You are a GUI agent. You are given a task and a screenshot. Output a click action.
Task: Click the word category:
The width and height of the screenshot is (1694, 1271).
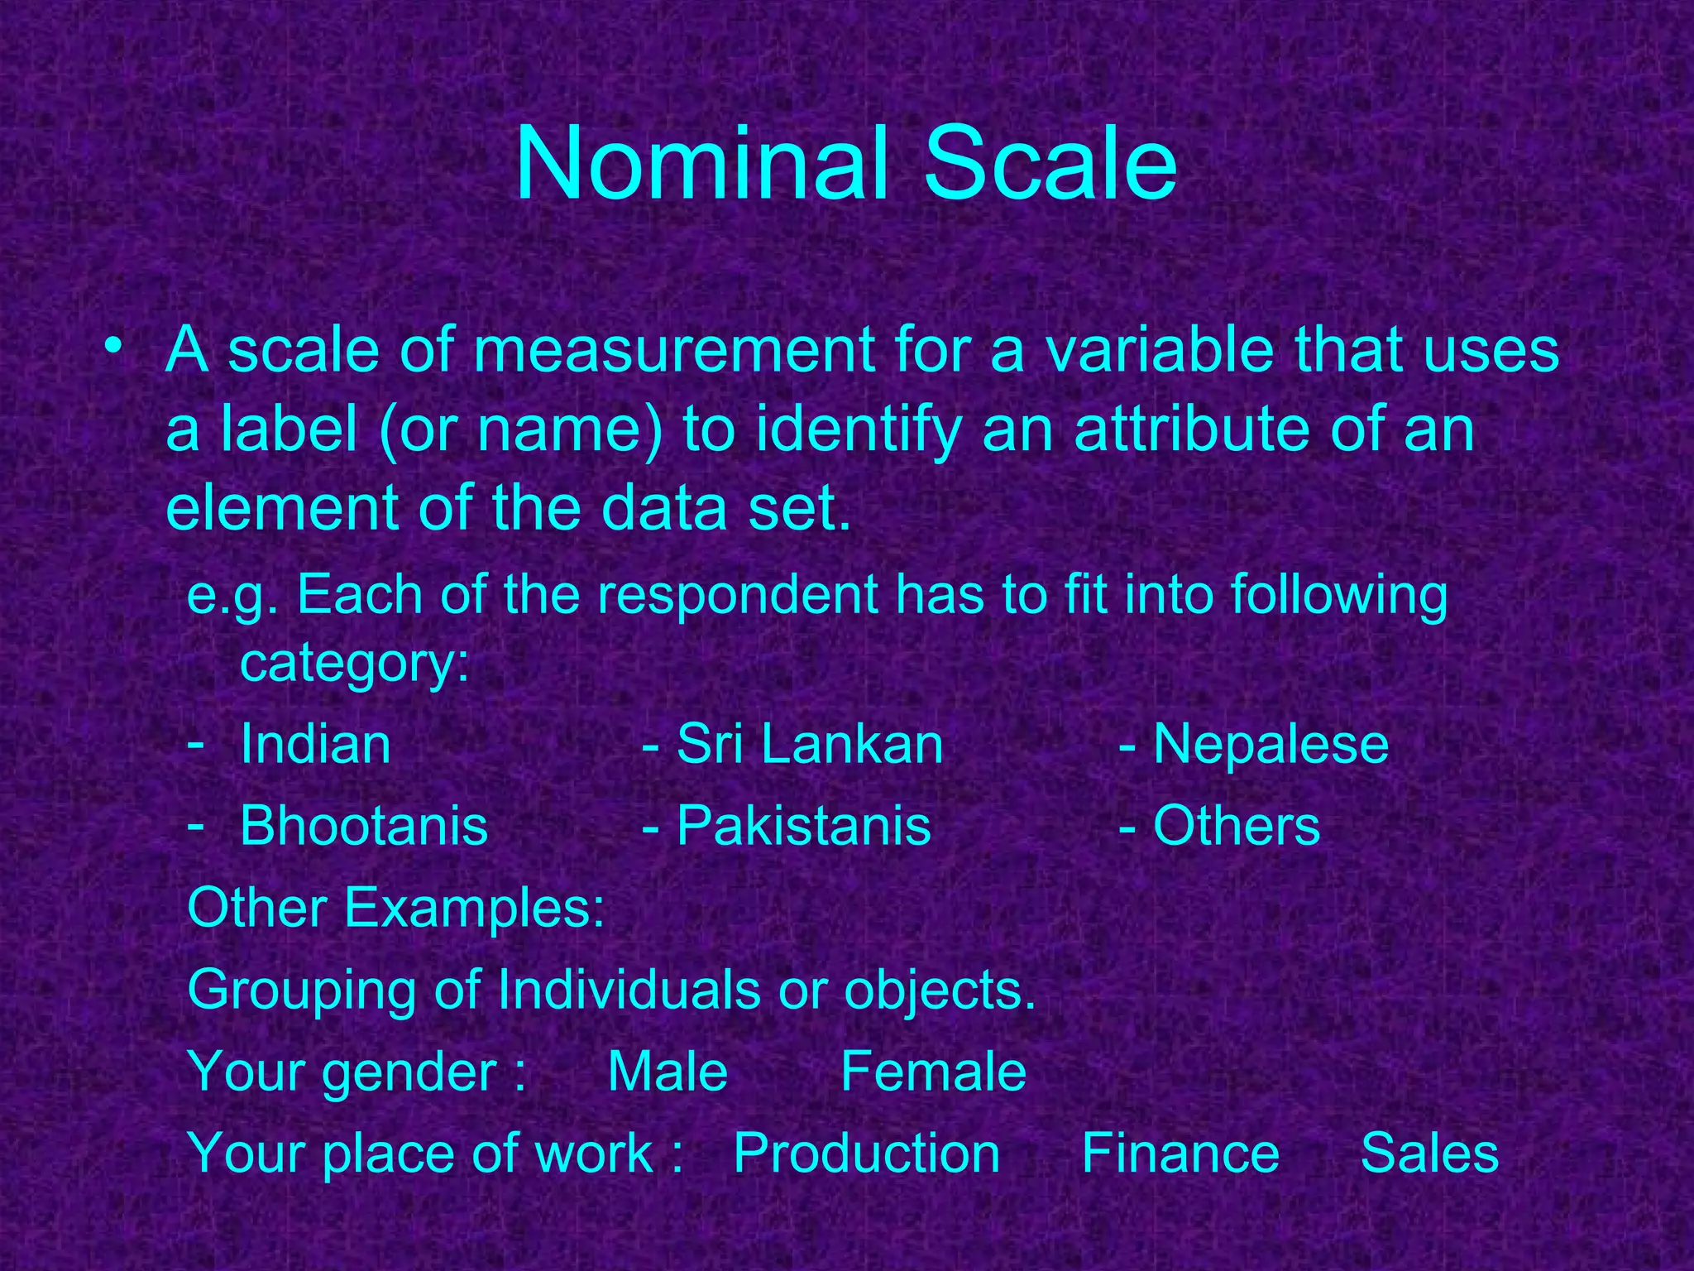[355, 663]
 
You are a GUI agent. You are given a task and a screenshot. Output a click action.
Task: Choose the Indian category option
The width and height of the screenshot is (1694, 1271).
[315, 744]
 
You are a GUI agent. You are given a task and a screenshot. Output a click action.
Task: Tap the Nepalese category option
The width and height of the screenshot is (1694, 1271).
[1270, 744]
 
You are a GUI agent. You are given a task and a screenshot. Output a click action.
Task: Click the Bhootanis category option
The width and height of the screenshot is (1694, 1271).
[364, 826]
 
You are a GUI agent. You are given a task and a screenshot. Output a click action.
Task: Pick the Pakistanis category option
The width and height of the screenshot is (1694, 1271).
[803, 826]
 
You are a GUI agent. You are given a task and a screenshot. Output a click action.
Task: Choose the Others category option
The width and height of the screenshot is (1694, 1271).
[1236, 826]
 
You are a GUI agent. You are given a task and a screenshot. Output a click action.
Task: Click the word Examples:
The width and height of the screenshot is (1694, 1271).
[475, 908]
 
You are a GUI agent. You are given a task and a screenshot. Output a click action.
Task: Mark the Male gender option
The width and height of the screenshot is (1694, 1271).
[668, 1072]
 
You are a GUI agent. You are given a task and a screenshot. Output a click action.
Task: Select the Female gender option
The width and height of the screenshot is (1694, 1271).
[933, 1072]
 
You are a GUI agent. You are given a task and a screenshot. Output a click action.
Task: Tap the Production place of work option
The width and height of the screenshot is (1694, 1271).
[867, 1153]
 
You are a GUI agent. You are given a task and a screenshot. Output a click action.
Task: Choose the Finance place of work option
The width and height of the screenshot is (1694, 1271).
[1180, 1153]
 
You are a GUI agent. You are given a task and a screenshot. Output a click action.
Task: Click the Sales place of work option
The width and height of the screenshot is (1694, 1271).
[1429, 1153]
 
